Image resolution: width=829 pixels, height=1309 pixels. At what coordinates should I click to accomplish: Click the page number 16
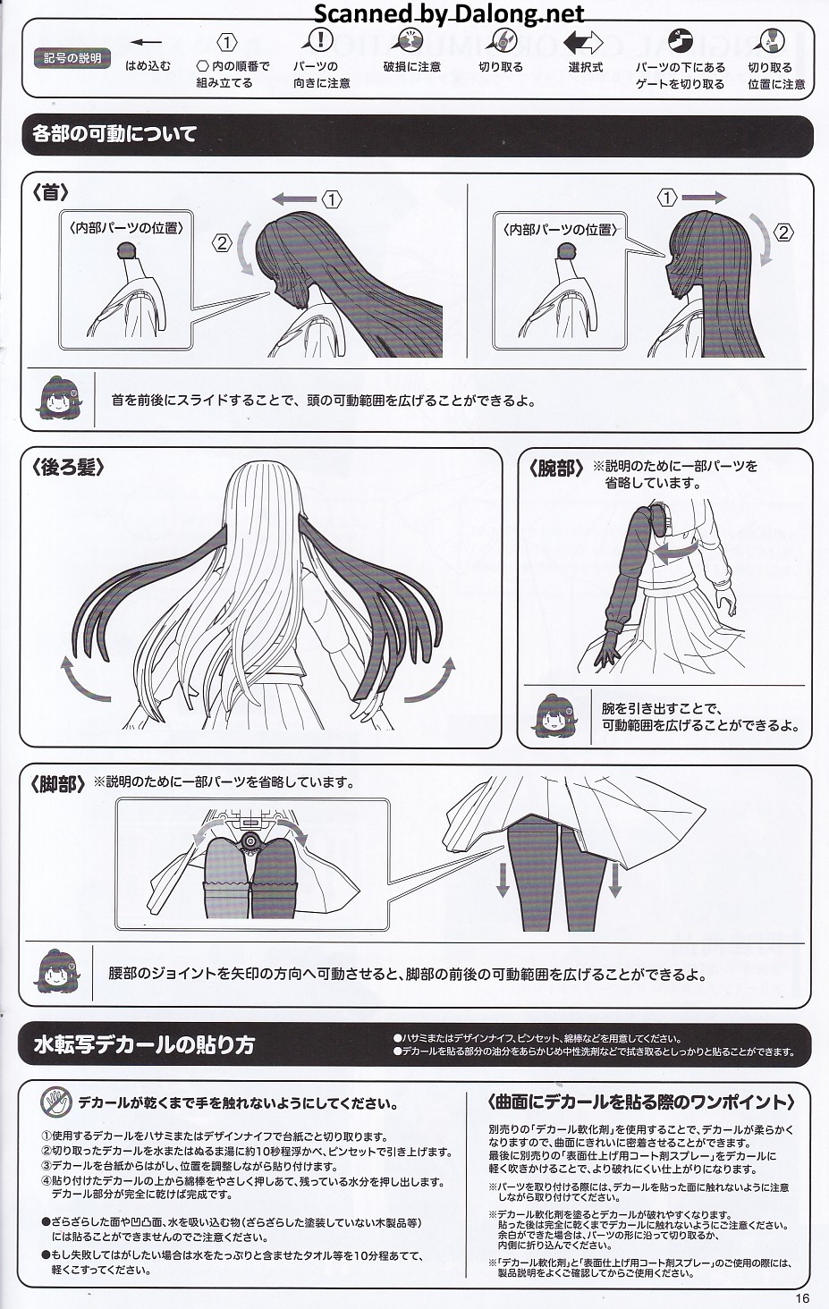[x=802, y=1298]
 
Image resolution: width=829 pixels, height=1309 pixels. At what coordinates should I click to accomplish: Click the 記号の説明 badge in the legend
[x=72, y=58]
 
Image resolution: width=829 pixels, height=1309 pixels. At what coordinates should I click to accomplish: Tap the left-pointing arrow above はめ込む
[x=146, y=42]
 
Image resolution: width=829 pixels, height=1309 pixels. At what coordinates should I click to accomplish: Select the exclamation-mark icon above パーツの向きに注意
[x=319, y=41]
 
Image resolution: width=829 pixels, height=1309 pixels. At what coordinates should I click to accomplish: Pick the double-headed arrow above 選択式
[x=582, y=43]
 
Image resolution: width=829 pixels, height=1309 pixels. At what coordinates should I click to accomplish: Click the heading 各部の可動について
[x=114, y=134]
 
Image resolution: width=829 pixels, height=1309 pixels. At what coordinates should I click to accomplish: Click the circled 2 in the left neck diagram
[x=222, y=242]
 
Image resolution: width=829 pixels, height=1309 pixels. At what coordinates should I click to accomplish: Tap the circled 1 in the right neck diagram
[x=666, y=198]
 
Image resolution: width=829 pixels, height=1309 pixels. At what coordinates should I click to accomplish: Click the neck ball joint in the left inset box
[x=127, y=250]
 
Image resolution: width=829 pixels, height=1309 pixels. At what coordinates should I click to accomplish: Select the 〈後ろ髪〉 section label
[x=68, y=468]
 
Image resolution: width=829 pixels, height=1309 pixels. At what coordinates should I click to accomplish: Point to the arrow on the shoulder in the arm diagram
[x=674, y=552]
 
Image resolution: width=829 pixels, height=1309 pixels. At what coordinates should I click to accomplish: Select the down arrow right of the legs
[x=614, y=880]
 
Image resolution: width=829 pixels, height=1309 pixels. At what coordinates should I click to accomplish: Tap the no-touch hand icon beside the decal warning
[x=56, y=1102]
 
